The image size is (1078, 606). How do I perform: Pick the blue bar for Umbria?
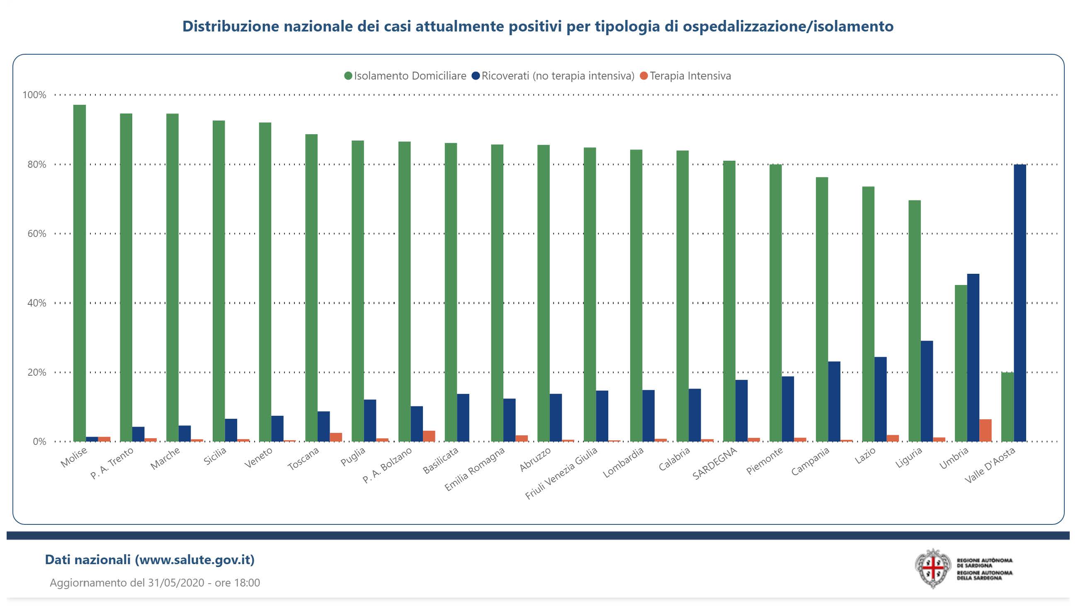(x=973, y=357)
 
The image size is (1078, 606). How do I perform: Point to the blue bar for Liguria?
(x=927, y=391)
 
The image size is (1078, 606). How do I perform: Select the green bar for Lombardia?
(x=636, y=295)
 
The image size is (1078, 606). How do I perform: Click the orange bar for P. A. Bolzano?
(x=429, y=436)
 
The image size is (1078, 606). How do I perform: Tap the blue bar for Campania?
(x=834, y=401)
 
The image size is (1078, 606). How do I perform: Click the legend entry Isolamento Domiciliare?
(x=410, y=76)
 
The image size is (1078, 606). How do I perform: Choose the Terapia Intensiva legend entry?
(x=690, y=76)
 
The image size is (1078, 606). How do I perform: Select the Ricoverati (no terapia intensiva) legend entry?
(x=557, y=76)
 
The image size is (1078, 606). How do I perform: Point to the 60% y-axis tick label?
(x=37, y=233)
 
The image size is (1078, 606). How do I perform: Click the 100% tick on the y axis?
(x=34, y=95)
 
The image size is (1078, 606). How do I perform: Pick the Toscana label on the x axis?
(x=303, y=459)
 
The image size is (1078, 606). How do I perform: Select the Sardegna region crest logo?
(x=933, y=569)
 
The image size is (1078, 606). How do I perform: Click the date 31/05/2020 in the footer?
(x=176, y=582)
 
